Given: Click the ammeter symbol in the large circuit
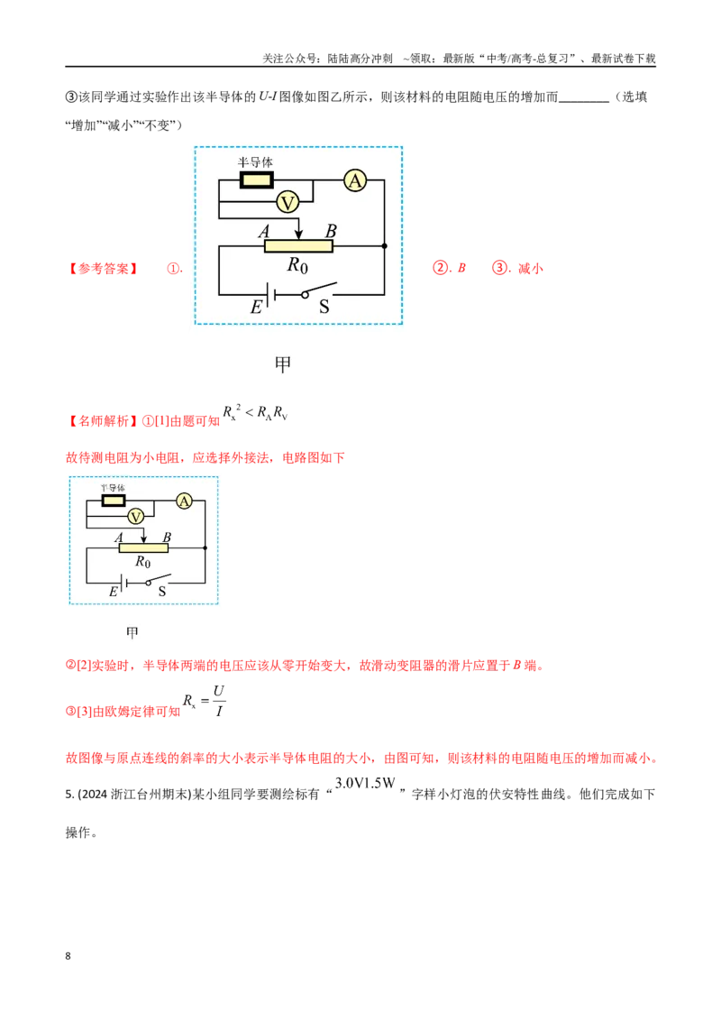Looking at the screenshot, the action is tap(355, 180).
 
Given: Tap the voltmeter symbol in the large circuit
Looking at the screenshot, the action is tap(287, 203).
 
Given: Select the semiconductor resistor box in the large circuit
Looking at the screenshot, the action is tap(256, 179).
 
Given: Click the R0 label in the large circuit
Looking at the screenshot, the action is tap(297, 265).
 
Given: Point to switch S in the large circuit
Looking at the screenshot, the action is tap(319, 290).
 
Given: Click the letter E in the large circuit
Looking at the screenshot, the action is tap(256, 307).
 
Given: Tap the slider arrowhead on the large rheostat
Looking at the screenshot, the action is tap(298, 234).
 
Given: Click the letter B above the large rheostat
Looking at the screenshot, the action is tap(331, 231).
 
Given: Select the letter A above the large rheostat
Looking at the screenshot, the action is tap(263, 231).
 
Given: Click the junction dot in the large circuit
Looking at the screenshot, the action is tap(384, 246).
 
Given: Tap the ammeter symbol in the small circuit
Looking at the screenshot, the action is tap(184, 501).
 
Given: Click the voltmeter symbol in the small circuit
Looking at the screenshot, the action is tap(135, 516).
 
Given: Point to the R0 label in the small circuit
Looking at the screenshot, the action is tap(142, 561).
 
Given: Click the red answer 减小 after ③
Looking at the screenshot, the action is tap(530, 268).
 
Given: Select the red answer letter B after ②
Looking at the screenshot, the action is tap(461, 268).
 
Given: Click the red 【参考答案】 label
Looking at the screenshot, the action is tap(103, 268).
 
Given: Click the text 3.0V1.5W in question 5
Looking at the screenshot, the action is tap(365, 783).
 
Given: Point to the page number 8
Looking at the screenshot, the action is tap(68, 956).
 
